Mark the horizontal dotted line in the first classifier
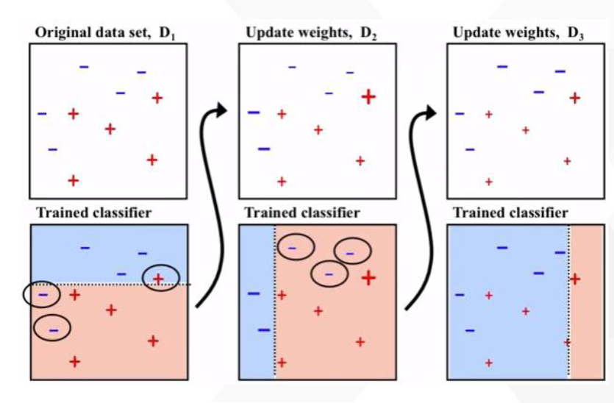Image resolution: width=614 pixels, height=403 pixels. pyautogui.click(x=110, y=285)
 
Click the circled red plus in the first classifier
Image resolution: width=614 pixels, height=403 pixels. pyautogui.click(x=159, y=278)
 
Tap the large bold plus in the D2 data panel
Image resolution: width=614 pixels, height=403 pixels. pyautogui.click(x=368, y=96)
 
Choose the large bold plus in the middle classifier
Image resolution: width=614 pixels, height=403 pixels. pyautogui.click(x=368, y=278)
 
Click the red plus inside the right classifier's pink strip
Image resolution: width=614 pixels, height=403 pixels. pyautogui.click(x=575, y=279)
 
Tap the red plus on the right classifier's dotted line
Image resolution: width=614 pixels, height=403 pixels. pyautogui.click(x=568, y=342)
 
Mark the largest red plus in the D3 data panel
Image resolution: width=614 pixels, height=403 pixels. pyautogui.click(x=575, y=97)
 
